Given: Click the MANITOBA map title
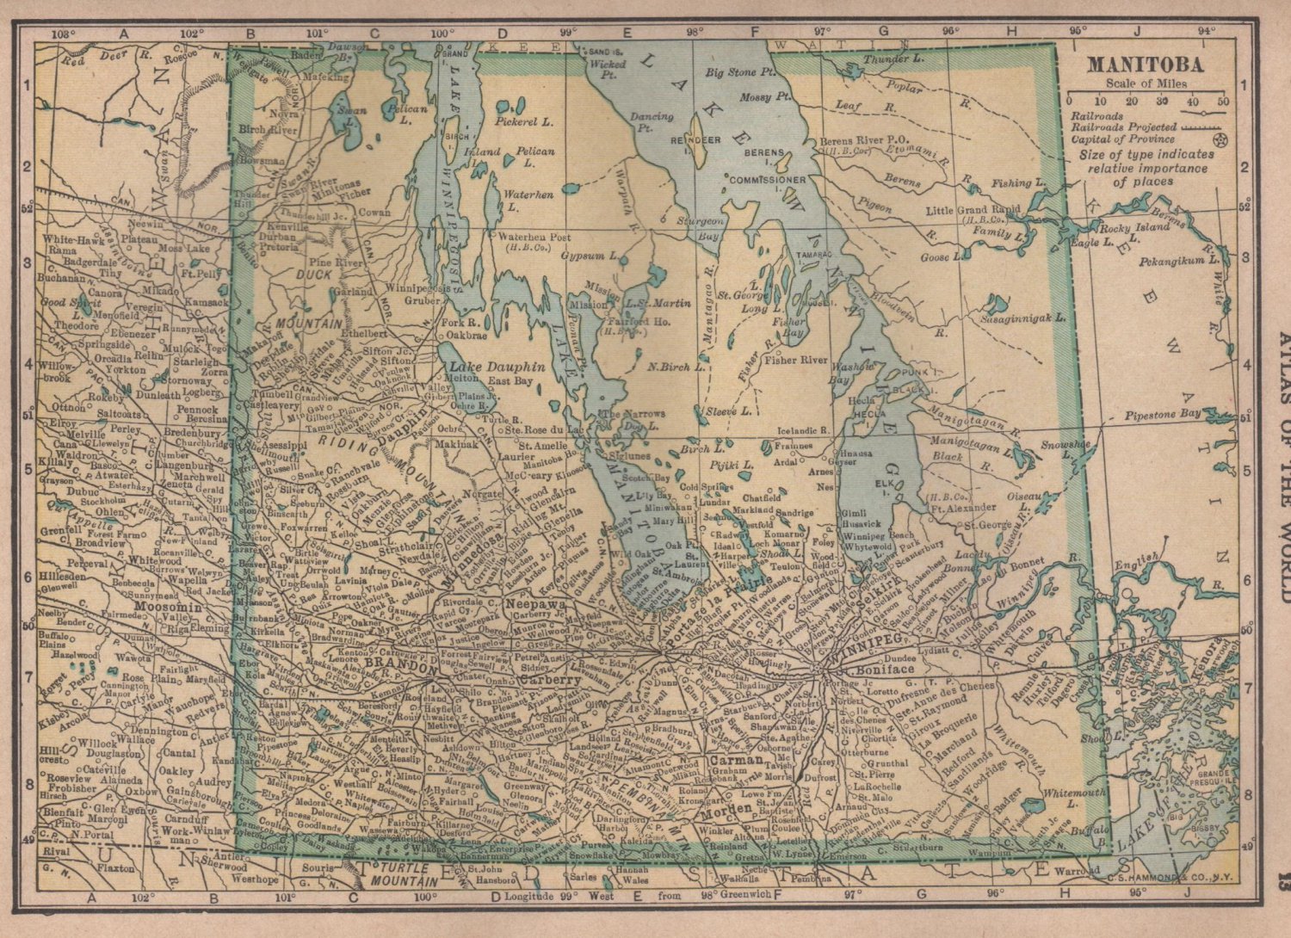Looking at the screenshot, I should (1145, 65).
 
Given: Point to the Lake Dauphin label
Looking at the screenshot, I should (497, 366).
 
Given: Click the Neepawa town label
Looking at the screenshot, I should (535, 604).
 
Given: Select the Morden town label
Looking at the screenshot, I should (726, 812).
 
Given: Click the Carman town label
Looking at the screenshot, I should (736, 760).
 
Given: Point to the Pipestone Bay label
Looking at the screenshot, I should (1162, 415).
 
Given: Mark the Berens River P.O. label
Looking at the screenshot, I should (862, 140).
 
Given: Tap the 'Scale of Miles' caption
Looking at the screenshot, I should (1146, 83).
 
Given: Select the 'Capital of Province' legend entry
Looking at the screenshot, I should (1122, 139).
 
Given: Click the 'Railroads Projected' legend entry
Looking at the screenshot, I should (1123, 127).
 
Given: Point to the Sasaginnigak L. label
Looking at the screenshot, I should (1022, 318).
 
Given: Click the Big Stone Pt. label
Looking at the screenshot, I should (740, 73).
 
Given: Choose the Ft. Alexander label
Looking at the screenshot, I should (963, 508).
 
